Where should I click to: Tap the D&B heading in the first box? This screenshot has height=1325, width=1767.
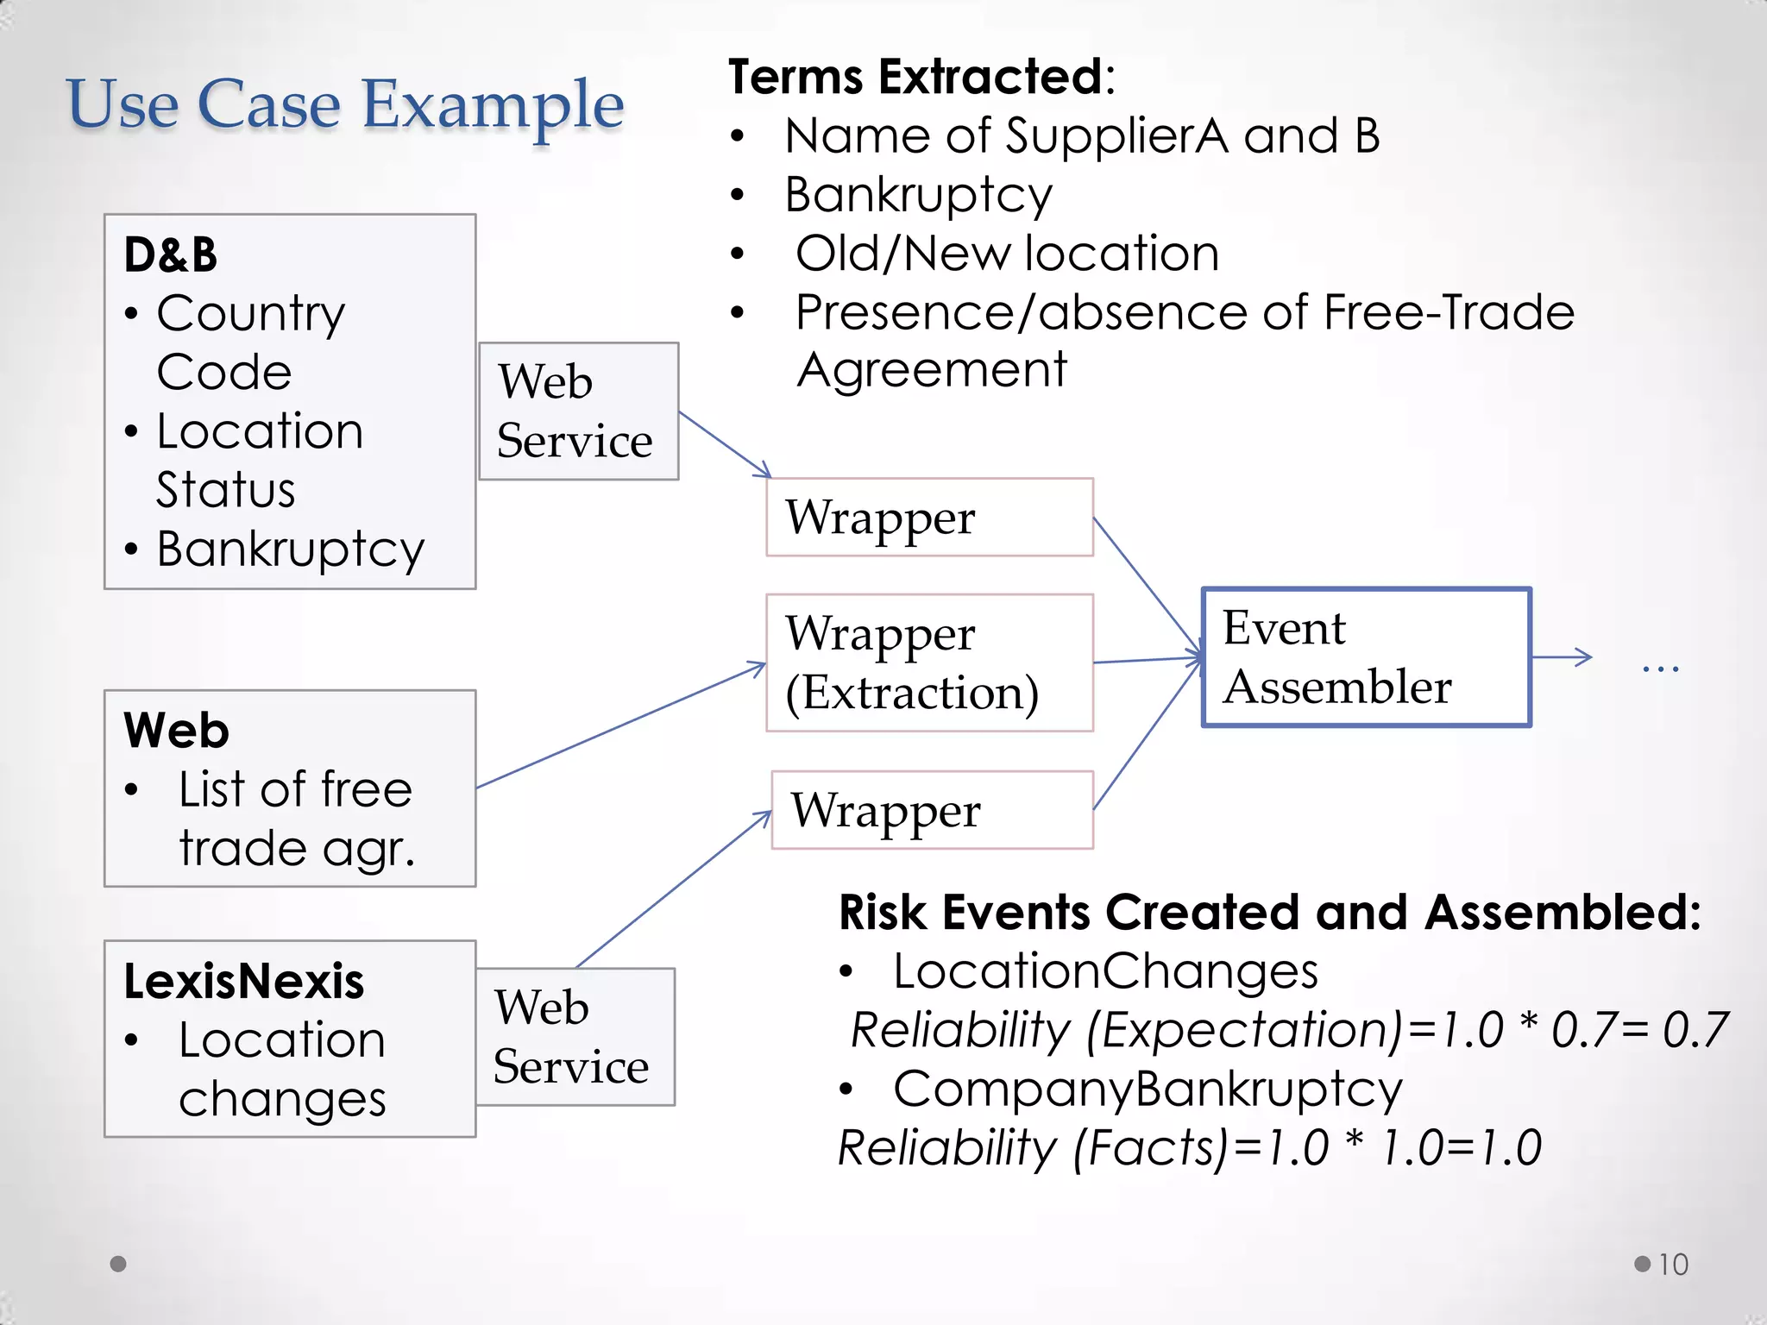point(171,254)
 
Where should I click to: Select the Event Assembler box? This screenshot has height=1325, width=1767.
point(1366,657)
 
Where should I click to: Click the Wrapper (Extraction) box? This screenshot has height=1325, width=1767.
point(929,662)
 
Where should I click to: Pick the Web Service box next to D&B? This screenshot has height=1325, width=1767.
point(578,411)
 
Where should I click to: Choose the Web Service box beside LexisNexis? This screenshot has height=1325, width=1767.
point(575,1036)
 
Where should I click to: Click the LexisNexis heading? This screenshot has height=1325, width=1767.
point(244,982)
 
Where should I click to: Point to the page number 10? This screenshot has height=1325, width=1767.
point(1672,1265)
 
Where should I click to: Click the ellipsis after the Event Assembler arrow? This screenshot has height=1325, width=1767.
point(1660,667)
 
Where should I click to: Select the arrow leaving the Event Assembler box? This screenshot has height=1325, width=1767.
point(1562,657)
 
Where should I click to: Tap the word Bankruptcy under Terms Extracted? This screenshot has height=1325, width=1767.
point(918,195)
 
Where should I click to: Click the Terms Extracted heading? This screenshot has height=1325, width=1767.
point(921,78)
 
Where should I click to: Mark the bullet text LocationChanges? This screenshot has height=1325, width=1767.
point(1105,971)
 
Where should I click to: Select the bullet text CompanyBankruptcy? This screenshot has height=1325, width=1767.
point(1148,1089)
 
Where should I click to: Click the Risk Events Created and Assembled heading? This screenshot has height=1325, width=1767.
point(1269,913)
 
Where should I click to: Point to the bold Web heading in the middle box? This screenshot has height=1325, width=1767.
point(176,731)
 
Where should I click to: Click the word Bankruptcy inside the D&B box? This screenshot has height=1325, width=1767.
point(291,549)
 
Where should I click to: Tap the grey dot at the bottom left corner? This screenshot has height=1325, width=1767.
point(119,1264)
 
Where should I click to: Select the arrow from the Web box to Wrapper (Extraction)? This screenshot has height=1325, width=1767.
point(621,725)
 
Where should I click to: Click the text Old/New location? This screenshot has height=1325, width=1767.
point(1007,254)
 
